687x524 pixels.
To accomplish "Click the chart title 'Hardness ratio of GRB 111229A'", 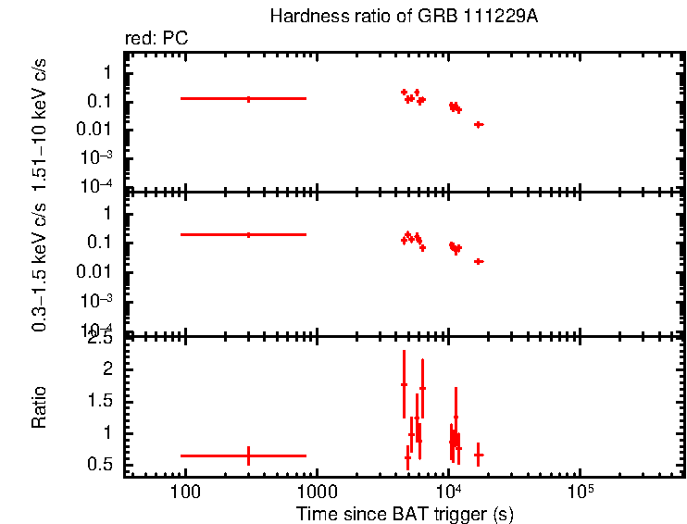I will (403, 17).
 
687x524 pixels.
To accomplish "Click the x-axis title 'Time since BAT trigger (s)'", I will (405, 513).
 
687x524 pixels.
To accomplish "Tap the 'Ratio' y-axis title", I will (40, 407).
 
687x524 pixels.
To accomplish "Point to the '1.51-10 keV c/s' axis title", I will (40, 122).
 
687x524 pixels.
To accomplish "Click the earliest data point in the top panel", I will (248, 98).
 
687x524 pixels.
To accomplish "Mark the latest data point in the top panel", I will (479, 124).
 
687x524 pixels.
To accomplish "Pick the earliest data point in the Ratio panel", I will (248, 455).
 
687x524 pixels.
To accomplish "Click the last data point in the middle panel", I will (479, 261).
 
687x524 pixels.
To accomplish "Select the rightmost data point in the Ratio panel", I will (479, 455).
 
